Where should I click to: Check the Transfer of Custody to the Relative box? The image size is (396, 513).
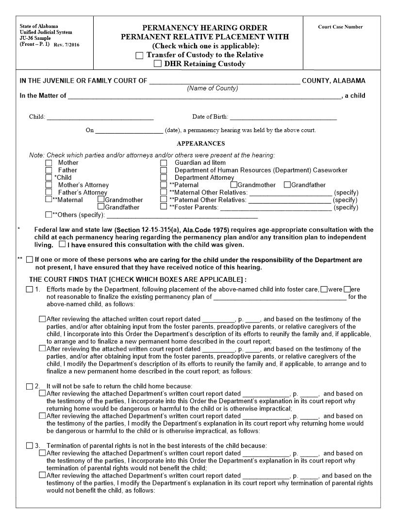coord(140,55)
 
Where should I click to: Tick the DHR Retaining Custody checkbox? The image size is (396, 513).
coord(158,64)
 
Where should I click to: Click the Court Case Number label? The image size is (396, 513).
coord(340,27)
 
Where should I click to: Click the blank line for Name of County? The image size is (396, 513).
coord(224,81)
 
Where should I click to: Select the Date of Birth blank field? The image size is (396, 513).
coord(283,117)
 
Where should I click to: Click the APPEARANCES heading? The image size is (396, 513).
coord(200,143)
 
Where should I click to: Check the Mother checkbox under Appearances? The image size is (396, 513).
coord(49,163)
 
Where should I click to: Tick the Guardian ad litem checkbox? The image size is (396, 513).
coord(164,163)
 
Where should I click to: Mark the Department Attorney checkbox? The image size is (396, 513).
coord(164,178)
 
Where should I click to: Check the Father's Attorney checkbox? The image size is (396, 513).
coord(49,192)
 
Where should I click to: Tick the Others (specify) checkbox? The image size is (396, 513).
coord(48,215)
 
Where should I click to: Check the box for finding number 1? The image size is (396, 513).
coord(29,290)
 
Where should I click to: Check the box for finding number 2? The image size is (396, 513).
coord(29,386)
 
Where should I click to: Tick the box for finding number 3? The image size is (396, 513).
coord(29,446)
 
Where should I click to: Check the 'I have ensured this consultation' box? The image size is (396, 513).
coord(62,245)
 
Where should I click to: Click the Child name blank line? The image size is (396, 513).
coord(100,117)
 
